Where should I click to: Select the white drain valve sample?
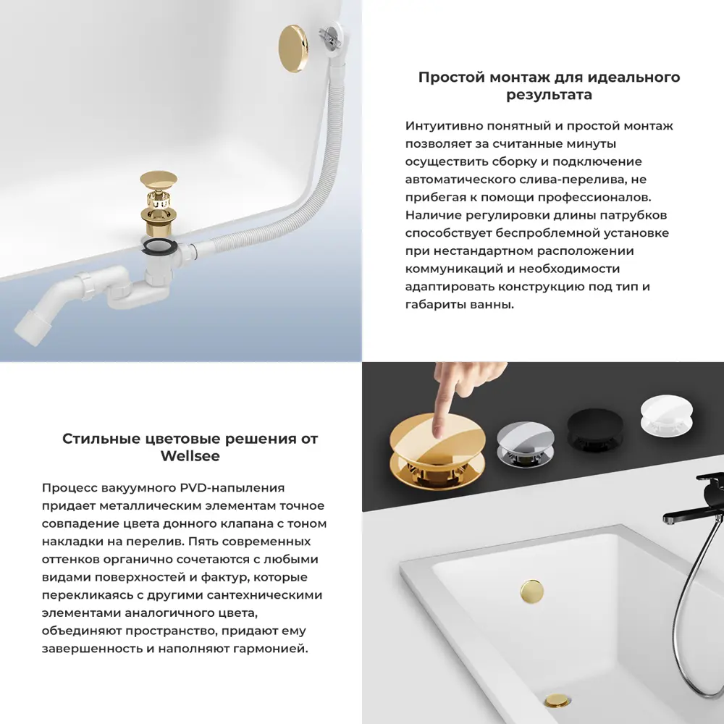click(x=665, y=418)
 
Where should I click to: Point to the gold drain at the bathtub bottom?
click(x=557, y=701)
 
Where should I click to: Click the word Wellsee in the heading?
click(x=190, y=457)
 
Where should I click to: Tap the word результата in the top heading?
click(x=549, y=95)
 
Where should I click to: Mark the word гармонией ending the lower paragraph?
click(x=272, y=649)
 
